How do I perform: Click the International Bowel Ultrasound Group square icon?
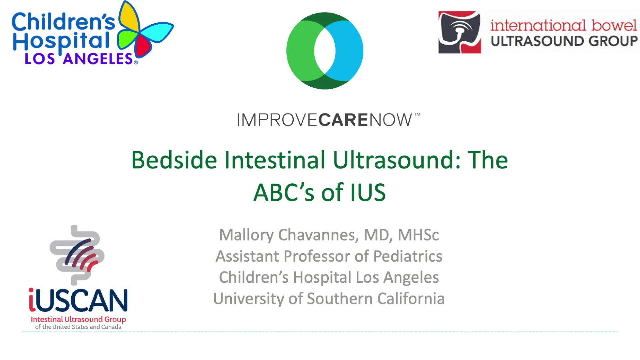coord(460,32)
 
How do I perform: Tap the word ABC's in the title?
coord(284,193)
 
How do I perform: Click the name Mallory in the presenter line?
coord(246,235)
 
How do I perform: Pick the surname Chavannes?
coord(318,235)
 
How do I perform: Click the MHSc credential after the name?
coord(418,235)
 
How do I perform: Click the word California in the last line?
coord(411,299)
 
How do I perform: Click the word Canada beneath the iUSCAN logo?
coord(111,327)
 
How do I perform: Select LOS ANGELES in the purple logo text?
coord(79,59)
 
